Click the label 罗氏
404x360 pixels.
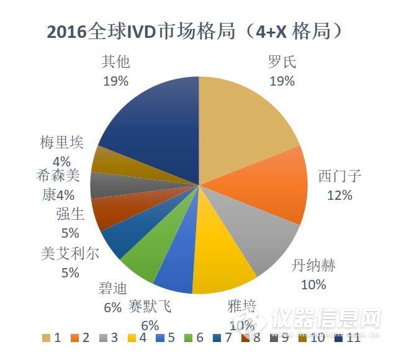point(282,62)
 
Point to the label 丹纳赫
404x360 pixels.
point(313,266)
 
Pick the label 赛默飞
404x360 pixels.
point(150,305)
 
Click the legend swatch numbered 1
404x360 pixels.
point(46,338)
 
